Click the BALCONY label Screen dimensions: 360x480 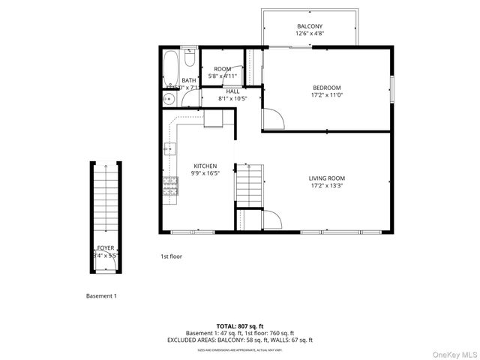(x=309, y=26)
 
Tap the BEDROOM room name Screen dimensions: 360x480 (x=326, y=87)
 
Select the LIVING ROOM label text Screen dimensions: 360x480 (x=326, y=178)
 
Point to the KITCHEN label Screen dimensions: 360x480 (x=205, y=166)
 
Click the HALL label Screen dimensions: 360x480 (x=232, y=91)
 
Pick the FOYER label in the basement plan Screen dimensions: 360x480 (x=106, y=247)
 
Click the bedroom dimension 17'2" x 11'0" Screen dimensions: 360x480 (x=326, y=95)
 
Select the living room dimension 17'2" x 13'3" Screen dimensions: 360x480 (x=326, y=186)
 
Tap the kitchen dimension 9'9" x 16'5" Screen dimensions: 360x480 (x=205, y=173)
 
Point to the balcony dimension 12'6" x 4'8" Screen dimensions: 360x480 (x=309, y=34)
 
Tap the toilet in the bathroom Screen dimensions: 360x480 (x=190, y=57)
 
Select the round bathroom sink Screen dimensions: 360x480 (x=166, y=98)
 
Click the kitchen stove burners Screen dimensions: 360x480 (x=169, y=187)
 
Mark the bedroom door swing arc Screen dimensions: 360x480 (x=274, y=118)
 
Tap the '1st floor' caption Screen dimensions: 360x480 (x=171, y=256)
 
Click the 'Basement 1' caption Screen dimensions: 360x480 (x=101, y=296)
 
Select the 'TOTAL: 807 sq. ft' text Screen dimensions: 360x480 (x=240, y=325)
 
